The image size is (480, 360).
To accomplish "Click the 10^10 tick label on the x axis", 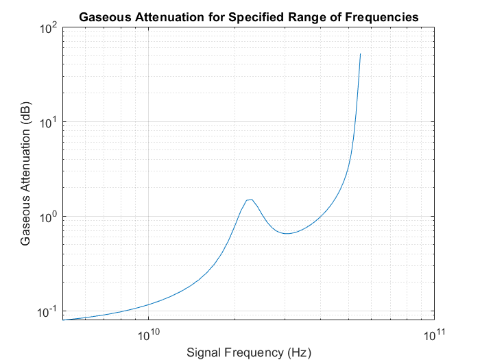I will pyautogui.click(x=149, y=334).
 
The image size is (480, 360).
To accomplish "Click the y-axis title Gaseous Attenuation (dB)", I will pyautogui.click(x=26, y=173).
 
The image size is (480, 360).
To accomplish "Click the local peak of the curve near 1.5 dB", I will pyautogui.click(x=252, y=200).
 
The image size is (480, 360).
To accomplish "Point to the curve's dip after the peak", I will pyautogui.click(x=288, y=233).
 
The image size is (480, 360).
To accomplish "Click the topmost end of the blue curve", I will pyautogui.click(x=360, y=54).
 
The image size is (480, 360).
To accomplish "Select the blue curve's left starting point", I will pyautogui.click(x=63, y=320).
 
